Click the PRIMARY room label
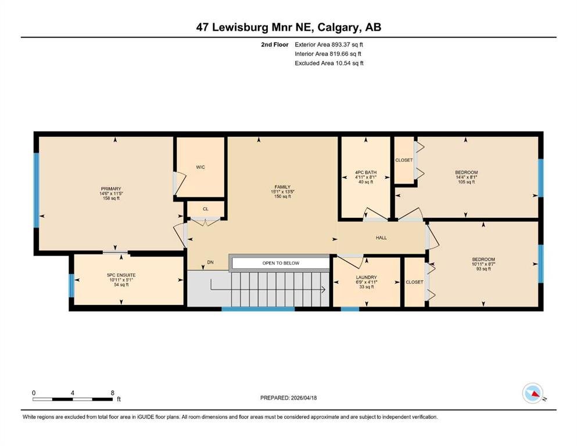click(x=111, y=189)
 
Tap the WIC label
click(x=200, y=167)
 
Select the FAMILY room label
click(x=282, y=187)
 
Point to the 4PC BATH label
click(x=365, y=172)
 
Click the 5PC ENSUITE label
click(x=121, y=275)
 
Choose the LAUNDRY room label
click(x=367, y=278)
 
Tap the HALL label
click(x=381, y=238)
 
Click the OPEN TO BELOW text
click(x=281, y=263)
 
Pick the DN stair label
click(x=210, y=262)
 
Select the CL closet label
click(x=206, y=209)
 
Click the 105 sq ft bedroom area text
click(x=466, y=182)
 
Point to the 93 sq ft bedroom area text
click(x=483, y=269)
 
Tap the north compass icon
click(x=533, y=393)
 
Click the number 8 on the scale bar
click(x=113, y=393)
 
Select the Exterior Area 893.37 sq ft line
click(x=329, y=45)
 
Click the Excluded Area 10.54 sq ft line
click(x=329, y=63)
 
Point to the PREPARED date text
click(x=288, y=398)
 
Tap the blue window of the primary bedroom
click(x=36, y=190)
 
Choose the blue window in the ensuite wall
click(x=71, y=286)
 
